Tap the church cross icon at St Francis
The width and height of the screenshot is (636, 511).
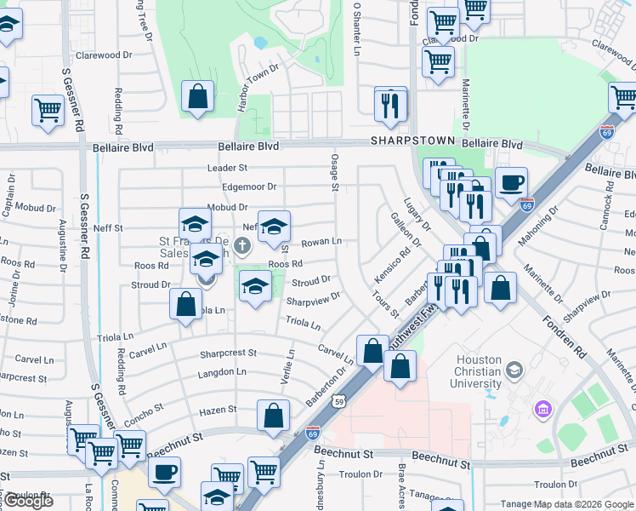[x=242, y=248]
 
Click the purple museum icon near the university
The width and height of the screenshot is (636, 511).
[x=542, y=411]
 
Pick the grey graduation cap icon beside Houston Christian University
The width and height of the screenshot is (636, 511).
[x=514, y=370]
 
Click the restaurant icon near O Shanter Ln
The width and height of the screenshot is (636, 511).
[x=391, y=105]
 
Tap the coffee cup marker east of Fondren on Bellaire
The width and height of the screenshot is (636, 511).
[x=511, y=182]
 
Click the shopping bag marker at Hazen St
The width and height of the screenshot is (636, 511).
[x=273, y=416]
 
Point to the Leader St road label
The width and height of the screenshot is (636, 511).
[x=227, y=169]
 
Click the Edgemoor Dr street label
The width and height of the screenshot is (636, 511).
[x=248, y=187]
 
